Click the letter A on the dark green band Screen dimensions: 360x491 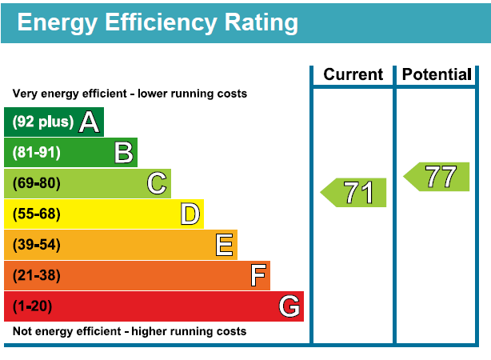coord(89,122)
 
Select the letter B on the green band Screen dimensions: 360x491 coord(123,153)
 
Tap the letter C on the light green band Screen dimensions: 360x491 coord(157,184)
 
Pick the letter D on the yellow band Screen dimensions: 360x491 coord(190,214)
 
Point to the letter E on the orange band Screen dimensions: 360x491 coord(224,245)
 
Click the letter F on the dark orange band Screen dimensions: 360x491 coord(257,276)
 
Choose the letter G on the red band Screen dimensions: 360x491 coord(289,306)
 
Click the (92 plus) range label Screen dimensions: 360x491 coord(42,122)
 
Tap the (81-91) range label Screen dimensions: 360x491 coord(36,153)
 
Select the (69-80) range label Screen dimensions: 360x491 coord(36,184)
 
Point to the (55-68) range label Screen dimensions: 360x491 coord(36,214)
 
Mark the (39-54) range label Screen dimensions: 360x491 coord(36,245)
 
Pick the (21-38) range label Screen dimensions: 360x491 coord(36,276)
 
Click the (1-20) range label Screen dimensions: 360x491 coord(33,306)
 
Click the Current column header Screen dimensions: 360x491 coord(353,75)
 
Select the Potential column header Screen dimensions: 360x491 coord(437,75)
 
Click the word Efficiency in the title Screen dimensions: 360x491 coord(154,22)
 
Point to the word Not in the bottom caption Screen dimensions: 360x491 coord(22,331)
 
